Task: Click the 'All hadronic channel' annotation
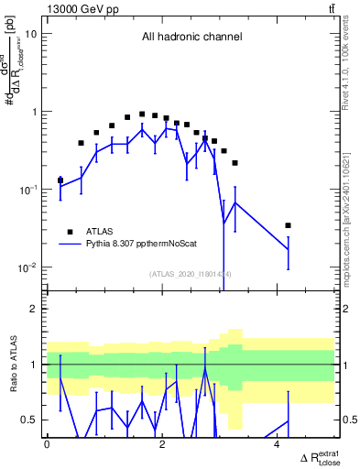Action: (191, 38)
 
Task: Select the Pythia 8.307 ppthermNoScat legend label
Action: (136, 245)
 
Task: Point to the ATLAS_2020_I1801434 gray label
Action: (190, 274)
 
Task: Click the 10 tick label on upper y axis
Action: (31, 34)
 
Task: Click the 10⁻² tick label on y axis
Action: (27, 267)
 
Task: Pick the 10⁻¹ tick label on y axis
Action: (27, 190)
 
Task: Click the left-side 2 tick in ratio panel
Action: (35, 309)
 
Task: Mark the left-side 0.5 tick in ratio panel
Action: (30, 420)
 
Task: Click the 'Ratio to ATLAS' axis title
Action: (12, 364)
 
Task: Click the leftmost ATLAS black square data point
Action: (60, 180)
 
